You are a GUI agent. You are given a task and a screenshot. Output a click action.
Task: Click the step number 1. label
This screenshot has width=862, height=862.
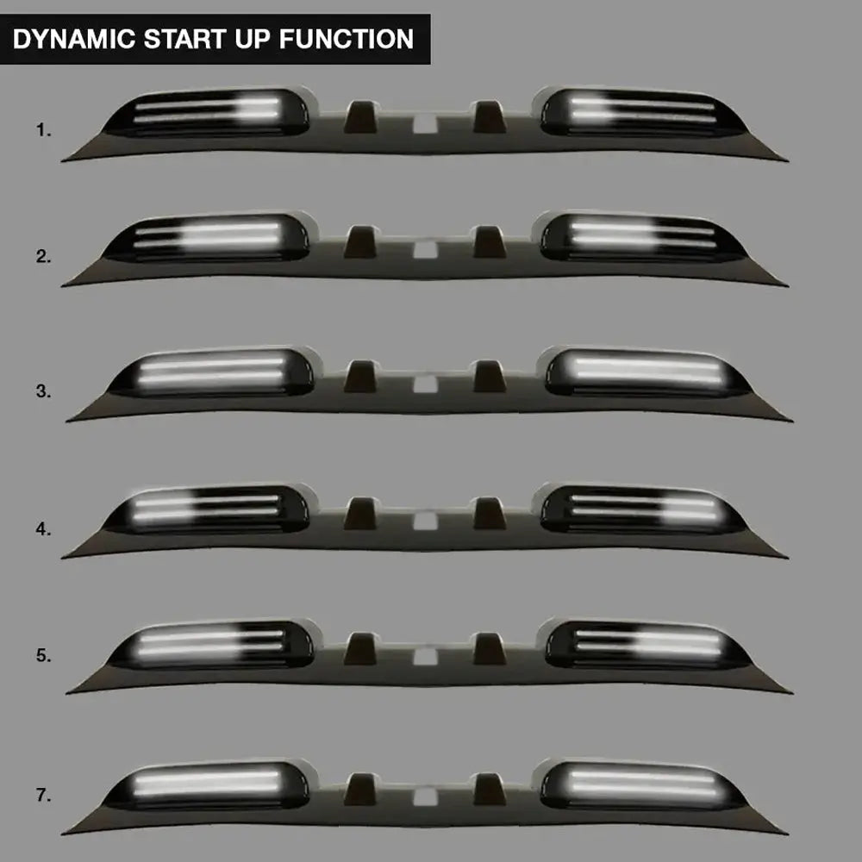tap(44, 131)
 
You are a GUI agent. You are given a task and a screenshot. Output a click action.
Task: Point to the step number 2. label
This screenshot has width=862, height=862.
tap(44, 256)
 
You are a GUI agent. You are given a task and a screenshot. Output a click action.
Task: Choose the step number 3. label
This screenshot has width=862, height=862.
tap(44, 391)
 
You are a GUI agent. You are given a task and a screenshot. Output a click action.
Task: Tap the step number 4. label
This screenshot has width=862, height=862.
tap(44, 528)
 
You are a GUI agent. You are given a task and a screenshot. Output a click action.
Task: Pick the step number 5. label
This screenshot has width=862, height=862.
tap(44, 656)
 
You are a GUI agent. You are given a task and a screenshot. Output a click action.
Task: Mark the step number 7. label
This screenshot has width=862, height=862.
tap(44, 796)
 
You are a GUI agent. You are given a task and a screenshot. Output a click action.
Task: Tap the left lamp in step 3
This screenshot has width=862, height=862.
tap(211, 372)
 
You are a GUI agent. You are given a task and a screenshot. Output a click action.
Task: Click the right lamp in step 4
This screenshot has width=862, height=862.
tap(642, 509)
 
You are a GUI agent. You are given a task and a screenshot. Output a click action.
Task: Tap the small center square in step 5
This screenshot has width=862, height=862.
tap(423, 658)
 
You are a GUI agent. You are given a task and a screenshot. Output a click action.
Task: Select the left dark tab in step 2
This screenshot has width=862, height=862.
tap(359, 242)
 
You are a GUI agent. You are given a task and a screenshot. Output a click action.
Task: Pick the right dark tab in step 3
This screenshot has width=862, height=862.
tap(489, 376)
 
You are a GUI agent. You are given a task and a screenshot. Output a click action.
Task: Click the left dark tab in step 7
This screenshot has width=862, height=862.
tap(359, 788)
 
